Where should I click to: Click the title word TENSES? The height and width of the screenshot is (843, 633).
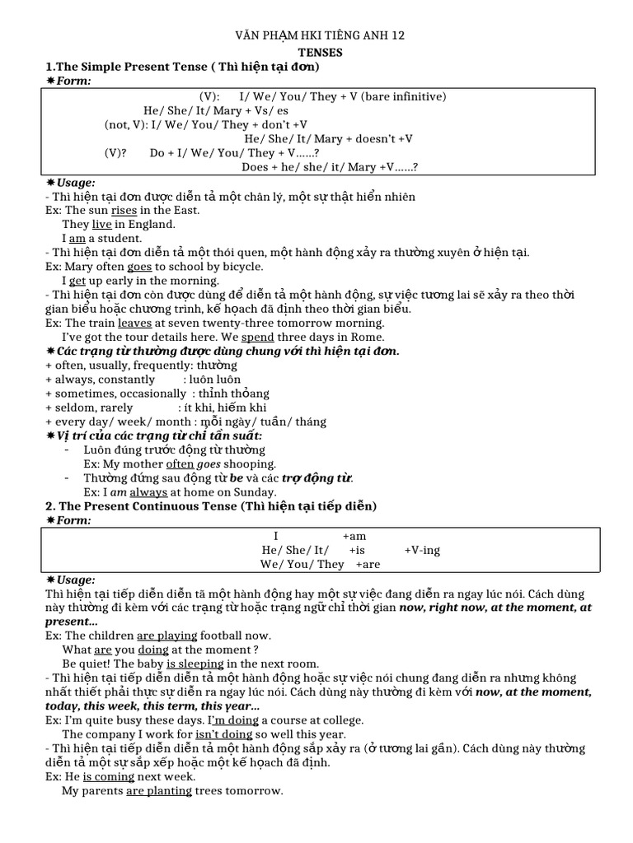316,51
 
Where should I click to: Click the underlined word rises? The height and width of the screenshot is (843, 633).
124,210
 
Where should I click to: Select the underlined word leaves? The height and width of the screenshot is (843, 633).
135,323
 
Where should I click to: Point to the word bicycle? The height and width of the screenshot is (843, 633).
239,266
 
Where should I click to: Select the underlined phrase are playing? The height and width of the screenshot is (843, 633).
167,636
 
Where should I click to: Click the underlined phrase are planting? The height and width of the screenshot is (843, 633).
160,790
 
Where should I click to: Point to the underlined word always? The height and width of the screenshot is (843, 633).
148,491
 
